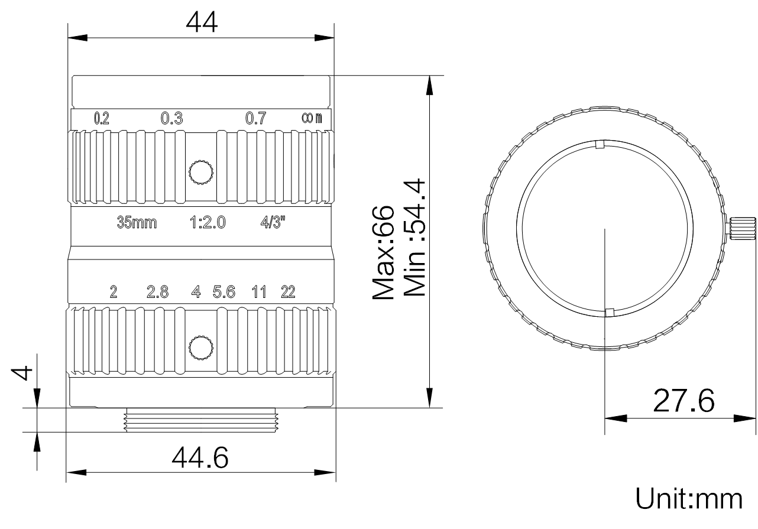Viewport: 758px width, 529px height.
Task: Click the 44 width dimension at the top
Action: tap(202, 22)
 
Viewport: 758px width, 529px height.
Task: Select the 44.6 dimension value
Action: tap(200, 457)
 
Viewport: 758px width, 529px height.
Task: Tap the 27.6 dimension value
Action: tap(684, 401)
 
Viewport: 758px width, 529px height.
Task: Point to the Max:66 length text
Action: tap(383, 252)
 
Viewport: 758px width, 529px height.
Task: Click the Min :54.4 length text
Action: tap(414, 238)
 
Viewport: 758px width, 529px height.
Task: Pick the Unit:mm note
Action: tap(689, 499)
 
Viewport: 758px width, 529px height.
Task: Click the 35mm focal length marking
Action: tap(137, 223)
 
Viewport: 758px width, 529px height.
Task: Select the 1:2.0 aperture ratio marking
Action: tap(208, 223)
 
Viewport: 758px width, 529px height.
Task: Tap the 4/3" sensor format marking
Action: tap(273, 222)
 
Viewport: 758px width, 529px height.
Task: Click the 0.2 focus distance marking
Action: tap(102, 118)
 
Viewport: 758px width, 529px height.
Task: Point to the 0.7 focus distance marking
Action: tap(256, 118)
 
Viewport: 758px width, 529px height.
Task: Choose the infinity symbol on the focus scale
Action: tap(307, 118)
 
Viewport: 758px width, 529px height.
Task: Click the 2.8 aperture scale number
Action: tap(157, 291)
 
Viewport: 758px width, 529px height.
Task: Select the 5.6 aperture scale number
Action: tap(223, 291)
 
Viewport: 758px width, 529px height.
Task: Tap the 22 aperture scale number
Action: tap(288, 291)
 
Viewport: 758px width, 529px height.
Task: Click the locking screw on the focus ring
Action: tap(201, 173)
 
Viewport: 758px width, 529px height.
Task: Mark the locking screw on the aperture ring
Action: tap(201, 348)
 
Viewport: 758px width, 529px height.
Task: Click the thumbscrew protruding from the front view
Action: tap(742, 229)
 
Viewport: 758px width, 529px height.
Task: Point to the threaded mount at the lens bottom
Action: tap(202, 420)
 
